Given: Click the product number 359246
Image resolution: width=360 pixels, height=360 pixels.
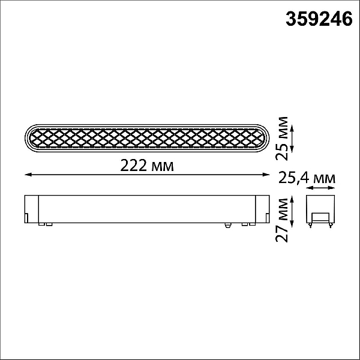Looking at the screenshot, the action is click(319, 19).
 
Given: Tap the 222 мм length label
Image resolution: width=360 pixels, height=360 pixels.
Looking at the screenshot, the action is click(147, 166).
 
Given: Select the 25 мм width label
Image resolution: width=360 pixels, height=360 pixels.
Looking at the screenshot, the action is click(282, 139).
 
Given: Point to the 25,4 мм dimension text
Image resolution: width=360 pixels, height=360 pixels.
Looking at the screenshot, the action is click(307, 178).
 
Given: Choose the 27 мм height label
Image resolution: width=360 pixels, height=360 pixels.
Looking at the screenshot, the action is click(282, 220).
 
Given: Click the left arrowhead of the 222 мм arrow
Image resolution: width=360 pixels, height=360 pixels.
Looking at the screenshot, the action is click(28, 175).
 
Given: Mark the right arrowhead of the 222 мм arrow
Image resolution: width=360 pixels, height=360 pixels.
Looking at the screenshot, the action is click(266, 175).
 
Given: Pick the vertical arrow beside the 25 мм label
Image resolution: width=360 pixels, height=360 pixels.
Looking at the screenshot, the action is click(292, 139).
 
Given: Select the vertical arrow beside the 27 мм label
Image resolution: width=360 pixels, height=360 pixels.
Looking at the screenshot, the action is click(292, 211).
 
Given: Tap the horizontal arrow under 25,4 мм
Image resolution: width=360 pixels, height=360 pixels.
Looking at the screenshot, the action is click(320, 188).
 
